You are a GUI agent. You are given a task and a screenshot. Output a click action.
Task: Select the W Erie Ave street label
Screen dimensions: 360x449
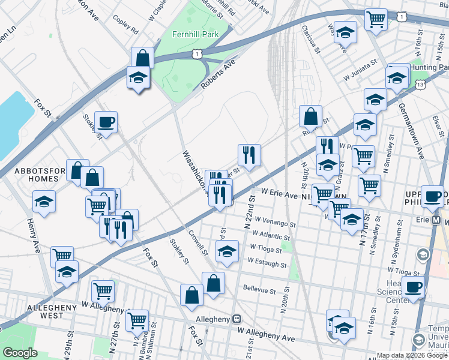click(279, 195)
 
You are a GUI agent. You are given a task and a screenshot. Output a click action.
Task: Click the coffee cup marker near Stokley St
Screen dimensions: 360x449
click(106, 122)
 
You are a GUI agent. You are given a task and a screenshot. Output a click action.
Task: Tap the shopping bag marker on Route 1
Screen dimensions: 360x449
click(143, 58)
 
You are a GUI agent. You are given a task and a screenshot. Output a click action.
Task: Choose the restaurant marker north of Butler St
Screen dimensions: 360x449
click(249, 155)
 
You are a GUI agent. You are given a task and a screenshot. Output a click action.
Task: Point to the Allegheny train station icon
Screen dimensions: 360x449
click(238, 318)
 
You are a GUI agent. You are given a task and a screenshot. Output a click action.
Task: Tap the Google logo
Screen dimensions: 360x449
click(20, 353)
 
